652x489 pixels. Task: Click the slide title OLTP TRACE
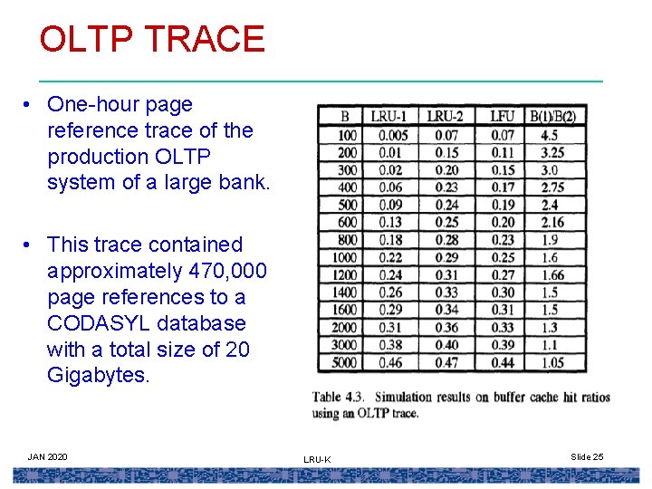[x=151, y=39]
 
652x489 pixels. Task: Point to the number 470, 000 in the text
[x=226, y=271]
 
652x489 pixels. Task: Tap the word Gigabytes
[x=98, y=376]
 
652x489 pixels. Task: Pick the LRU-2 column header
[x=446, y=116]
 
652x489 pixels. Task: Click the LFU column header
[x=501, y=116]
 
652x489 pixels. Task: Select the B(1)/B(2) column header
[x=552, y=116]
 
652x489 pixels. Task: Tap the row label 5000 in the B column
[x=345, y=362]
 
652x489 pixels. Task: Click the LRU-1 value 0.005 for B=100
[x=393, y=135]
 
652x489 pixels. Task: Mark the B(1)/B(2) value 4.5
[x=549, y=135]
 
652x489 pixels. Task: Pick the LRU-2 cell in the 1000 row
[x=446, y=257]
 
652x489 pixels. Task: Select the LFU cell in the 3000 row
[x=502, y=345]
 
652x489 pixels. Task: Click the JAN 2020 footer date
[x=47, y=456]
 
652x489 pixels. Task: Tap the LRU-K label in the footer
[x=317, y=460]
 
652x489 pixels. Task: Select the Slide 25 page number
[x=587, y=456]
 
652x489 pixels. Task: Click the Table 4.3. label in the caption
[x=339, y=398]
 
